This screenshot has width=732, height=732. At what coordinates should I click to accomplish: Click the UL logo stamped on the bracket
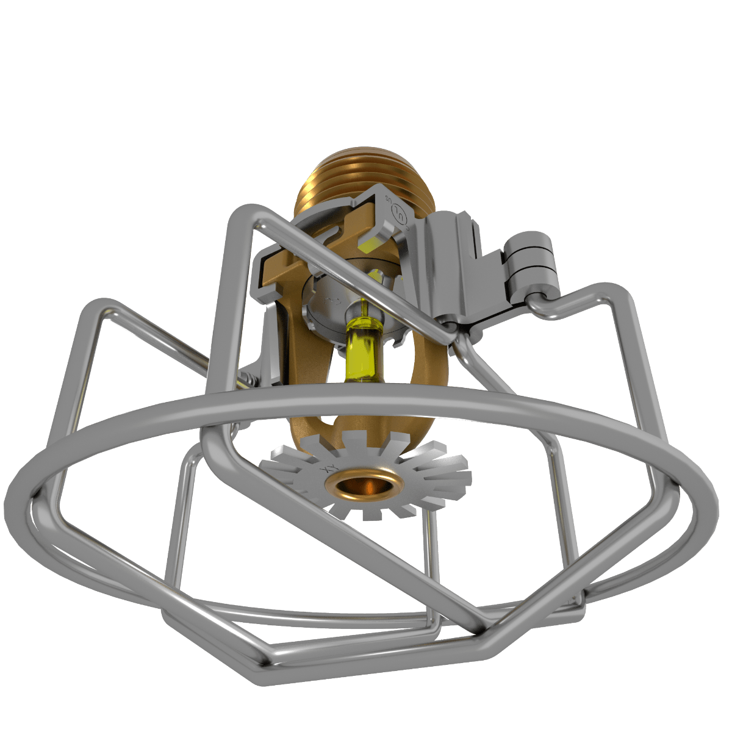[x=400, y=213]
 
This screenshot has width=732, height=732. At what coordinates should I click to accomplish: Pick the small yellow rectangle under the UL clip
[x=368, y=245]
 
